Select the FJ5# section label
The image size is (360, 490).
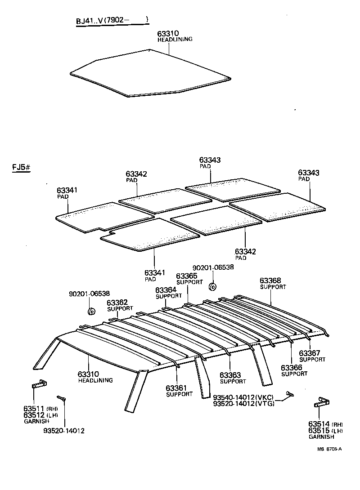tap(21, 168)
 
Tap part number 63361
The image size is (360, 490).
tap(175, 388)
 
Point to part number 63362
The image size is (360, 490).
tap(117, 303)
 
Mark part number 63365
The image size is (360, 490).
tap(186, 276)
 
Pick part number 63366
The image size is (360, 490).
tap(291, 368)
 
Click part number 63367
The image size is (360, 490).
tap(309, 353)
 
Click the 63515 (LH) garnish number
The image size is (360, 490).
tap(319, 430)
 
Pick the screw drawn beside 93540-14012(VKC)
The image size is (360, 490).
tap(288, 395)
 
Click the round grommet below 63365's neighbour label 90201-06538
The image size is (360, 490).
tap(213, 286)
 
